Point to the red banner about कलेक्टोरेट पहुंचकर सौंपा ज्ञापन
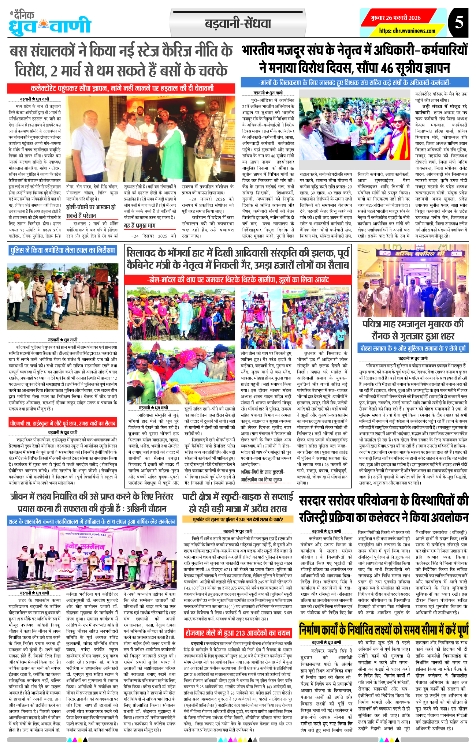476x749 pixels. click(122, 89)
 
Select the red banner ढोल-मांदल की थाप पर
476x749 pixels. click(238, 280)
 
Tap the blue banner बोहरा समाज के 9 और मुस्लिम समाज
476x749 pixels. click(413, 348)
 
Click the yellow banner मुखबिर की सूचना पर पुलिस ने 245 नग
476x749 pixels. click(238, 520)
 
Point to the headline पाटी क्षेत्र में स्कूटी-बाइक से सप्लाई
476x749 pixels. click(238, 503)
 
